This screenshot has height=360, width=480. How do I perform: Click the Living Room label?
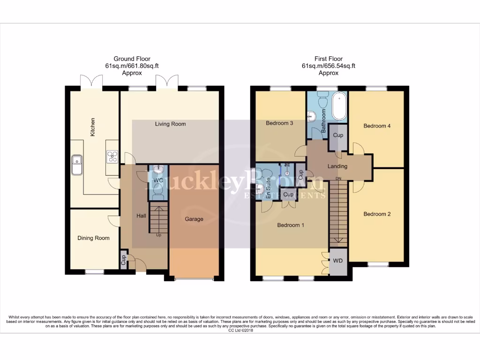coord(171,124)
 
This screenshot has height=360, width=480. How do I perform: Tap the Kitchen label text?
coord(93,127)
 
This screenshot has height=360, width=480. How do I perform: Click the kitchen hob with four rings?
coord(112,156)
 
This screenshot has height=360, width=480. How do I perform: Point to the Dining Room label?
coord(93,238)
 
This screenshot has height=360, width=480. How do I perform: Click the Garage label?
coord(194,219)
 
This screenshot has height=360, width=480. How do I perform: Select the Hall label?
coord(141,216)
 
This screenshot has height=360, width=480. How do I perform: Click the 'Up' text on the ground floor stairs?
coord(158,235)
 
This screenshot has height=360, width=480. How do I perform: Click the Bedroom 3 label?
coord(279,124)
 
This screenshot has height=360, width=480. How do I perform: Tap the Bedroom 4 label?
coord(377,126)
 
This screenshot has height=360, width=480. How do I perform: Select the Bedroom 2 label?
coord(377,214)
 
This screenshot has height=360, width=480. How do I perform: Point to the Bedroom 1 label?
coord(291,225)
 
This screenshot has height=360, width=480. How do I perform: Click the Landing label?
coord(337,166)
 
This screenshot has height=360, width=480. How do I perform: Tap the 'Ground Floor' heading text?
coord(132,59)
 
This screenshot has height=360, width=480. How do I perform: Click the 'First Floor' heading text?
coord(328,59)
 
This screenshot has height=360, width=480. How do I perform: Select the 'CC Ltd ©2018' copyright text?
coord(240,330)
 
